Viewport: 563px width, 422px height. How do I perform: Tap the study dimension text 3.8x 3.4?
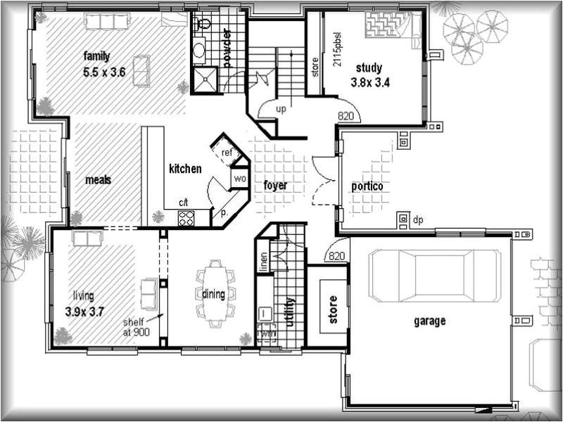369,82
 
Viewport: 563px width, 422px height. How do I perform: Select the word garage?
429,321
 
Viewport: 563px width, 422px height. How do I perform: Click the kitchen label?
185,169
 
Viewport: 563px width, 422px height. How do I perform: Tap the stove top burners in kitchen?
186,218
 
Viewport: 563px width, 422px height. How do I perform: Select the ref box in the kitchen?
227,153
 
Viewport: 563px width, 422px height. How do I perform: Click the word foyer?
274,186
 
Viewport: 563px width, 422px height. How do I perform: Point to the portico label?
367,186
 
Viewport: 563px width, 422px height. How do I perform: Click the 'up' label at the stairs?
281,110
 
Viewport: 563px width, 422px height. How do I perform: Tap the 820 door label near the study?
345,116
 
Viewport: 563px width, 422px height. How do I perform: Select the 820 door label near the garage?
336,256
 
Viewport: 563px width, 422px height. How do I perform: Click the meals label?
99,180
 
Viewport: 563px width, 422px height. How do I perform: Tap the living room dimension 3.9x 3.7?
84,310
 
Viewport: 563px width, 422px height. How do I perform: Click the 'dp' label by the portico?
418,220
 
